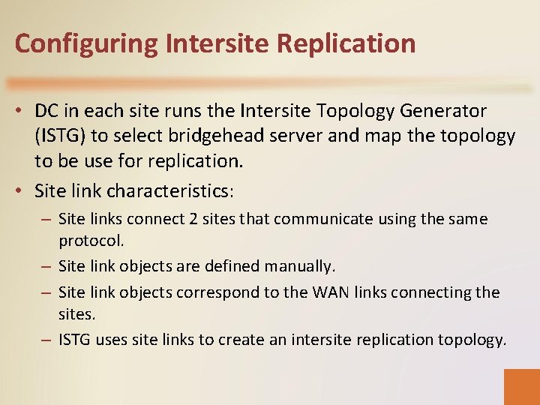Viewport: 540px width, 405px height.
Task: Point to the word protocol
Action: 91,241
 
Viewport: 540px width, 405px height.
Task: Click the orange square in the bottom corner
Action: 522,386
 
